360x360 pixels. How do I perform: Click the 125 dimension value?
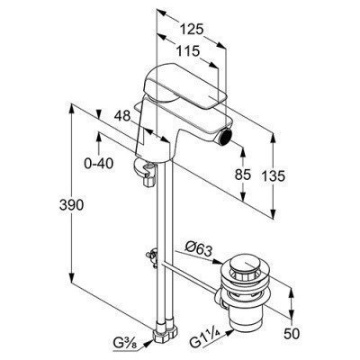pos(192,30)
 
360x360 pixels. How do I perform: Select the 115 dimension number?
pos(187,51)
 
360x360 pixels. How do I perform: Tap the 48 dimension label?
pos(122,115)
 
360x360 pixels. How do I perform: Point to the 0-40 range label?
pos(99,164)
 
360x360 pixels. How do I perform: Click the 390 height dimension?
pos(71,205)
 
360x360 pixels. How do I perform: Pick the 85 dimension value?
pos(243,175)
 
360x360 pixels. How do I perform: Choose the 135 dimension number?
pos(273,175)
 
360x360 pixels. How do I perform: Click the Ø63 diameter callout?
pos(199,248)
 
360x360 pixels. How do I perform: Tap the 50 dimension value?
pos(291,334)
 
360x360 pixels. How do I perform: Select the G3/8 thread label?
pos(126,342)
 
